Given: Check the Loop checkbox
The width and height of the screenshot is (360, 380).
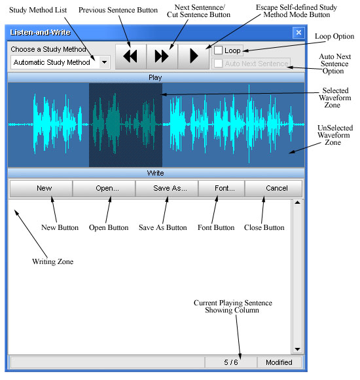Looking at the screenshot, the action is [218, 50].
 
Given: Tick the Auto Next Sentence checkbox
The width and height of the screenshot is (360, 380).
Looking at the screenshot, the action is [218, 64].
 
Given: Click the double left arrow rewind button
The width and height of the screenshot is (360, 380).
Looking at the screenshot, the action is [131, 56].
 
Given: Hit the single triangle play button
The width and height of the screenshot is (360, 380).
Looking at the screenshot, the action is [194, 56].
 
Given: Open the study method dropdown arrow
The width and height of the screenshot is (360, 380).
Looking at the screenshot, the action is [104, 62].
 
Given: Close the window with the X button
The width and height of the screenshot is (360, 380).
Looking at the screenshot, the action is [298, 33].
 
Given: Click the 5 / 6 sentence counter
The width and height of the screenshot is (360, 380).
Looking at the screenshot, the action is [230, 362].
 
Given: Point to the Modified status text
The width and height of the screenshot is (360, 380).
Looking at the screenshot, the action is [279, 362].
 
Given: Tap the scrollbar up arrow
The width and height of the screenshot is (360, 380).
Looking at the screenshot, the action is [298, 202].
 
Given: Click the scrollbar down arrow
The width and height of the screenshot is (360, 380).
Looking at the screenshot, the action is [298, 349].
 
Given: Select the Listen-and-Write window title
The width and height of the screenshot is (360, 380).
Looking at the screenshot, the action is [40, 33].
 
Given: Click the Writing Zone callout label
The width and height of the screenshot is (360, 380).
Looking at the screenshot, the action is [53, 261].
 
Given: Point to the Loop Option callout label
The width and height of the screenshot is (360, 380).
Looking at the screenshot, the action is [334, 36].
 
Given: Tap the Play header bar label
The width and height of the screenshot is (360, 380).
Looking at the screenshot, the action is [155, 77].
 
